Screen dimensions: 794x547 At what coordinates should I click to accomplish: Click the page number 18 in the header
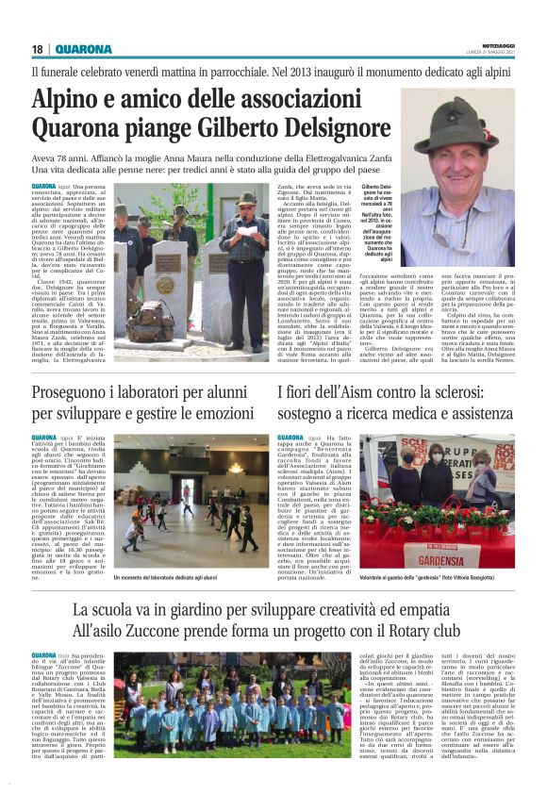pos(38,49)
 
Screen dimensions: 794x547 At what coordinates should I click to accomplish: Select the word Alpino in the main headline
pos(72,99)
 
